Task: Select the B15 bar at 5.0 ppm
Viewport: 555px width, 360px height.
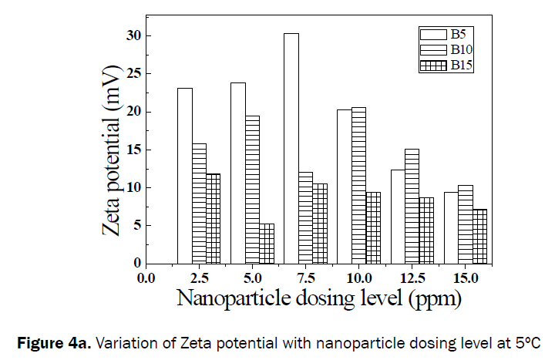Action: point(267,243)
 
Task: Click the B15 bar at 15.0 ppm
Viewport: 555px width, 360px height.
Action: point(479,236)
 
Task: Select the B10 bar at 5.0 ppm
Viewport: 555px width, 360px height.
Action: point(252,189)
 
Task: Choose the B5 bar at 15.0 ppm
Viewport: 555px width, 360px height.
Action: point(451,227)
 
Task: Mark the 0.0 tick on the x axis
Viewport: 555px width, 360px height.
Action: point(146,278)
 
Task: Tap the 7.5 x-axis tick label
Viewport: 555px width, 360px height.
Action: point(305,278)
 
